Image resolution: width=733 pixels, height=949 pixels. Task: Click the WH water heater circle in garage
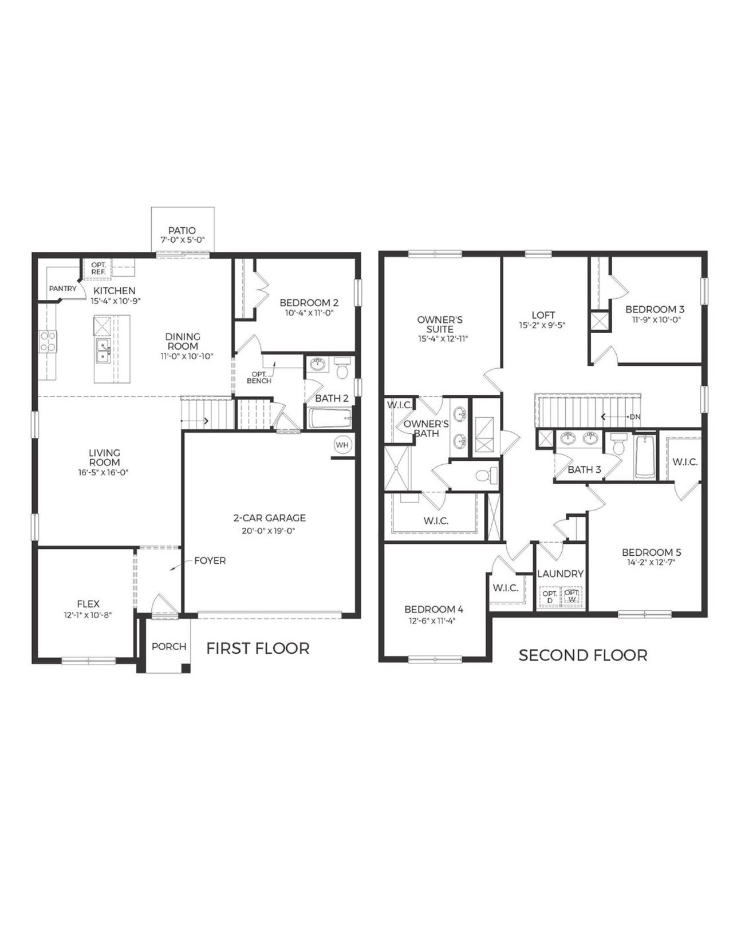342,445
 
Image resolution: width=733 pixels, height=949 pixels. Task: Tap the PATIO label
182,231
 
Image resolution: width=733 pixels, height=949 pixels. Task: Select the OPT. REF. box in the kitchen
98,268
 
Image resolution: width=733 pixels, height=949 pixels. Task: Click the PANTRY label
62,288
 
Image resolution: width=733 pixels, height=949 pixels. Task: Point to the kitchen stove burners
48,341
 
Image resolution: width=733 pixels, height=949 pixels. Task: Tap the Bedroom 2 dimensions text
309,313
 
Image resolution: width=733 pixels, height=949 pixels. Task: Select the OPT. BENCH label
259,378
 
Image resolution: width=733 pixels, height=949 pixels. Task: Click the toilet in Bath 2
342,369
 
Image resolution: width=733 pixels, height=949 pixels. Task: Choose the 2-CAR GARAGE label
269,517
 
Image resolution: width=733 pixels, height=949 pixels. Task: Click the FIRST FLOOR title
258,649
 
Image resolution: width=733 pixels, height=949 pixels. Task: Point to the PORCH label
169,646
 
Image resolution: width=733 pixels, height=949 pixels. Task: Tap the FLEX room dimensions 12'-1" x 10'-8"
88,615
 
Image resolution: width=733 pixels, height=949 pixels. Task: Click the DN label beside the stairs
635,417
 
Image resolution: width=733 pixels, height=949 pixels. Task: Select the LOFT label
543,315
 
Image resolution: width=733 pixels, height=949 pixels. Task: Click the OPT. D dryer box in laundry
549,597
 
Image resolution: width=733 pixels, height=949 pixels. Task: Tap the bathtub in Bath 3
645,457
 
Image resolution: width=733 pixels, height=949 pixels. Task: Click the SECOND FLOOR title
582,655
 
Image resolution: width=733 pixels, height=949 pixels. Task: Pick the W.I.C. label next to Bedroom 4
505,588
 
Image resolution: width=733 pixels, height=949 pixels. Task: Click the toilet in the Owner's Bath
483,475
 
